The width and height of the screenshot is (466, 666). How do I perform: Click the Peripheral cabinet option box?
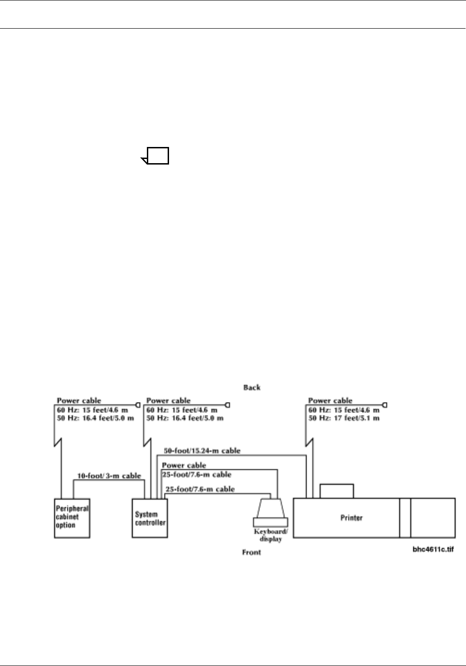tap(72, 518)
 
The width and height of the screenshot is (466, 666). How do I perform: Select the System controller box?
tap(150, 518)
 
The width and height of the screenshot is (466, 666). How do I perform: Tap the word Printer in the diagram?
tap(351, 518)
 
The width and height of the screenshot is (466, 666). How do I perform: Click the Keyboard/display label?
tap(270, 535)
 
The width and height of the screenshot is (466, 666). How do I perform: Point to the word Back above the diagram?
tap(252, 387)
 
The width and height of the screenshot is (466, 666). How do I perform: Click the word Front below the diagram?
tap(252, 552)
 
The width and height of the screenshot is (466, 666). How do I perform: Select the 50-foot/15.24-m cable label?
tap(202, 451)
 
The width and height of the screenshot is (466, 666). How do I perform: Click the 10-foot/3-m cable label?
tap(109, 476)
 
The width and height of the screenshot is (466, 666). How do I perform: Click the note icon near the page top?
tap(156, 156)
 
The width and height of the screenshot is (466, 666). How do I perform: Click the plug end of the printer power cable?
tap(385, 405)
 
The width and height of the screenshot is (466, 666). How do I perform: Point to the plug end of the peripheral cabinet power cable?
tap(138, 405)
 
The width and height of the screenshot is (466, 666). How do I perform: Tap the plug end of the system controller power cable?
tap(227, 405)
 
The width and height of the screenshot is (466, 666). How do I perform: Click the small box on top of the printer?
tap(337, 491)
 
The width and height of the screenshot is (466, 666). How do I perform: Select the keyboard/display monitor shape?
tap(270, 508)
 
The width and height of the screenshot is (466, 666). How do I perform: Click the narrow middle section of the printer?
tap(405, 518)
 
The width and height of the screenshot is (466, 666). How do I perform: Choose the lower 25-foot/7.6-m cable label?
tap(200, 489)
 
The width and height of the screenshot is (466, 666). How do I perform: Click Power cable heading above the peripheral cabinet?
tap(79, 401)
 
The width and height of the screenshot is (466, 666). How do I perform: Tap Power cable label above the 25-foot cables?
tap(184, 465)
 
